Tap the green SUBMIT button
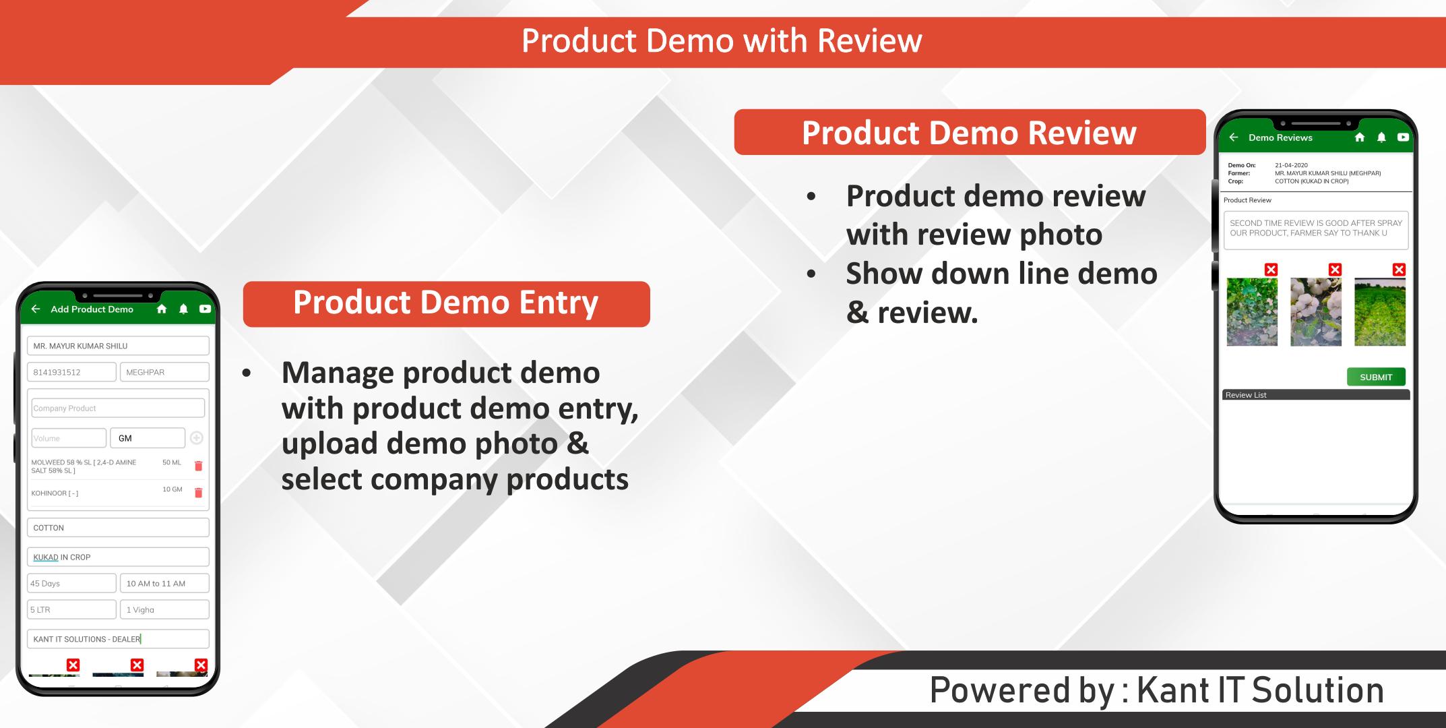tap(1376, 377)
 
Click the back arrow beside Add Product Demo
tap(36, 309)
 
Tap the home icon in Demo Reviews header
tap(1360, 138)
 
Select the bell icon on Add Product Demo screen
tap(183, 309)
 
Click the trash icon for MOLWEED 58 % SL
tap(198, 466)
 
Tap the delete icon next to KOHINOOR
tap(198, 493)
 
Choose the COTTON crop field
tap(118, 528)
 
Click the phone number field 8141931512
tap(71, 372)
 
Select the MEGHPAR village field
tap(164, 372)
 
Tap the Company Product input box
tap(118, 408)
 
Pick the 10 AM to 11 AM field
tap(164, 583)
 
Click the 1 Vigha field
tap(164, 609)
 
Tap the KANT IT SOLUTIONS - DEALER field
tap(118, 639)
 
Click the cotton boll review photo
tap(1316, 312)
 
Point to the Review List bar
tap(1316, 395)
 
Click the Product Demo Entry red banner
tap(446, 304)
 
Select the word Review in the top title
tap(870, 40)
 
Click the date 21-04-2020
tap(1291, 165)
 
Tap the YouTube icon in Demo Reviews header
tap(1403, 138)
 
